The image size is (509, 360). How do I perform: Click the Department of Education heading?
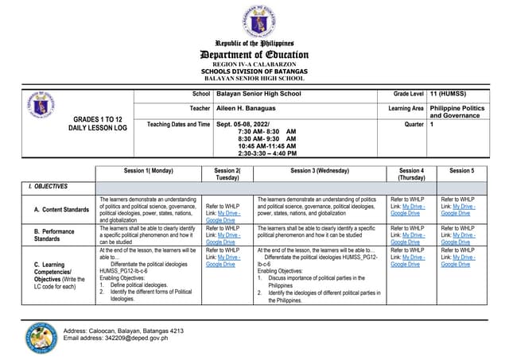(x=254, y=54)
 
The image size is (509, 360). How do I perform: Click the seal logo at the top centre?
(x=254, y=19)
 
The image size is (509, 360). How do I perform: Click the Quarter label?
(x=413, y=124)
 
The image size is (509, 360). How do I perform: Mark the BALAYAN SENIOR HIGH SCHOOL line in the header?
(x=254, y=79)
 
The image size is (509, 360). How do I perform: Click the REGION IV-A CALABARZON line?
(x=254, y=64)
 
